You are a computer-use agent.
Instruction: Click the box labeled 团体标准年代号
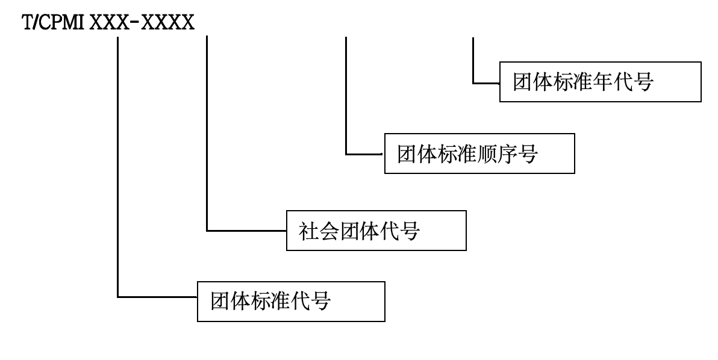click(600, 82)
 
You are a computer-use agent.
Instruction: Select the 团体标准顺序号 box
click(479, 155)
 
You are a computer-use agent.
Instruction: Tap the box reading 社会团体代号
click(376, 230)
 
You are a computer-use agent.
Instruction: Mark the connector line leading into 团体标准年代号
click(473, 66)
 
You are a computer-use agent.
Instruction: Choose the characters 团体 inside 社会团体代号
click(358, 230)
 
